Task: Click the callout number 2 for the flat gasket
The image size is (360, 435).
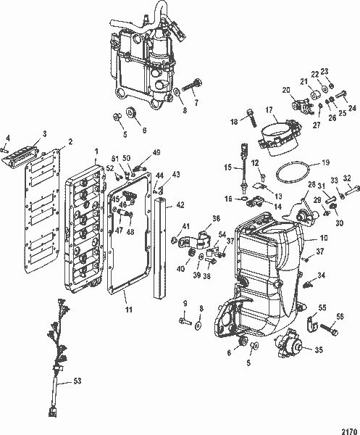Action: [70, 141]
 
